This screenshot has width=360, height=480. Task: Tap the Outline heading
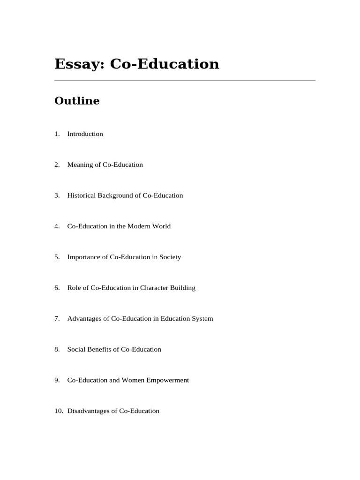[x=77, y=101]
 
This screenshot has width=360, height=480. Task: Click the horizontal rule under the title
[x=185, y=81]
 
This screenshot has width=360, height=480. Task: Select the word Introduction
[x=85, y=134]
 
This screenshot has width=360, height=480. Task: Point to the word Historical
[x=82, y=195]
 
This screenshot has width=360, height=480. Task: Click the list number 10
[x=58, y=411]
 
